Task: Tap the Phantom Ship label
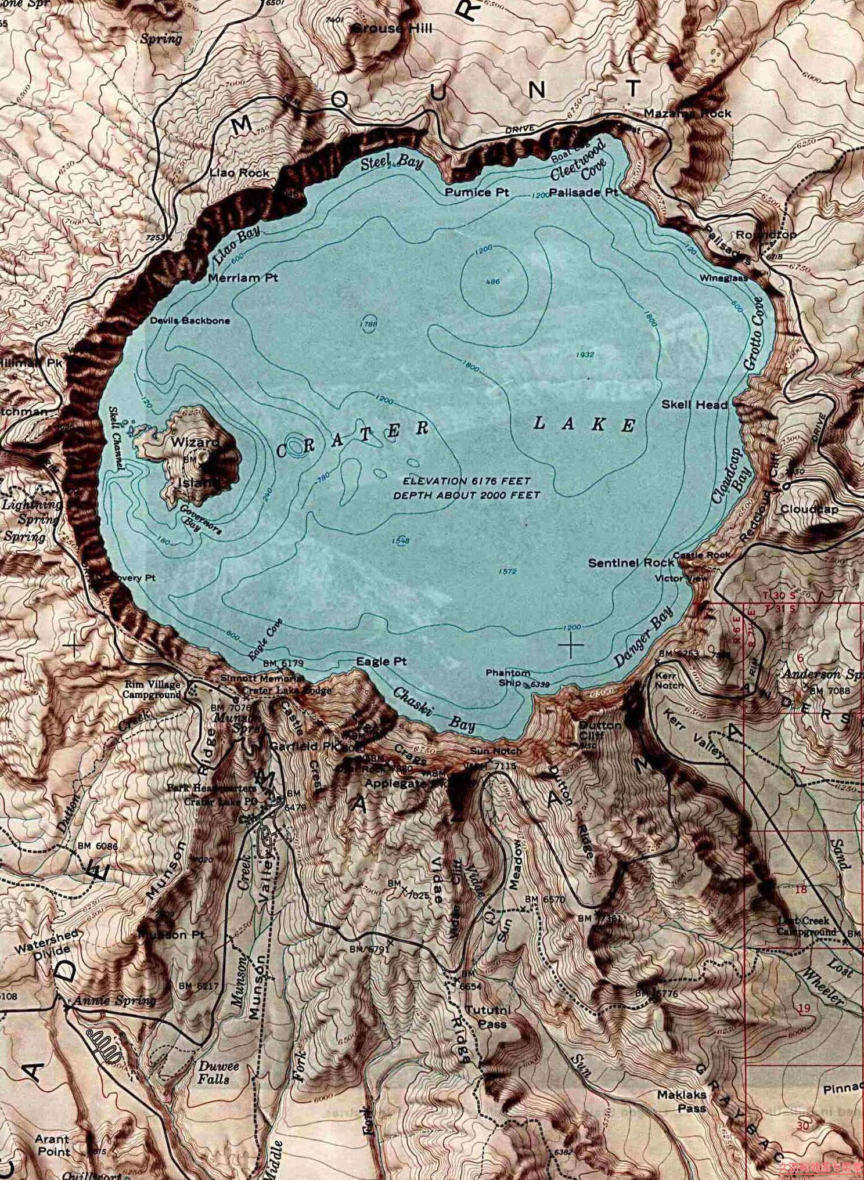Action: (507, 677)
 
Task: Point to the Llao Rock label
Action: (239, 173)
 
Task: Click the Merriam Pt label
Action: (243, 278)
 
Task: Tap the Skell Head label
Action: (694, 405)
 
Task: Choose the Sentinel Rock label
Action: (631, 563)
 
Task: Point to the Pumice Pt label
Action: (477, 192)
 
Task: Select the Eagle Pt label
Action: (381, 661)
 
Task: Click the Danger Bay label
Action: (643, 637)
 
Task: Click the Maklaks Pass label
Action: (682, 1100)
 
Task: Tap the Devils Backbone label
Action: (190, 320)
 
